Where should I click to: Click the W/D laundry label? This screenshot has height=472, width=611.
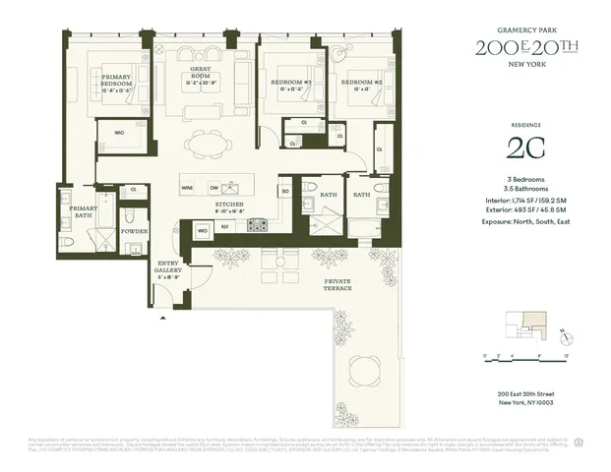[x=203, y=231]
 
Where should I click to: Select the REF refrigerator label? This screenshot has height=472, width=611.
[x=225, y=227]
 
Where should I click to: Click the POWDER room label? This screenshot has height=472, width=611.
[x=135, y=231]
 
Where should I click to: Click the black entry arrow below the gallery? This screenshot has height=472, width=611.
[x=164, y=319]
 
